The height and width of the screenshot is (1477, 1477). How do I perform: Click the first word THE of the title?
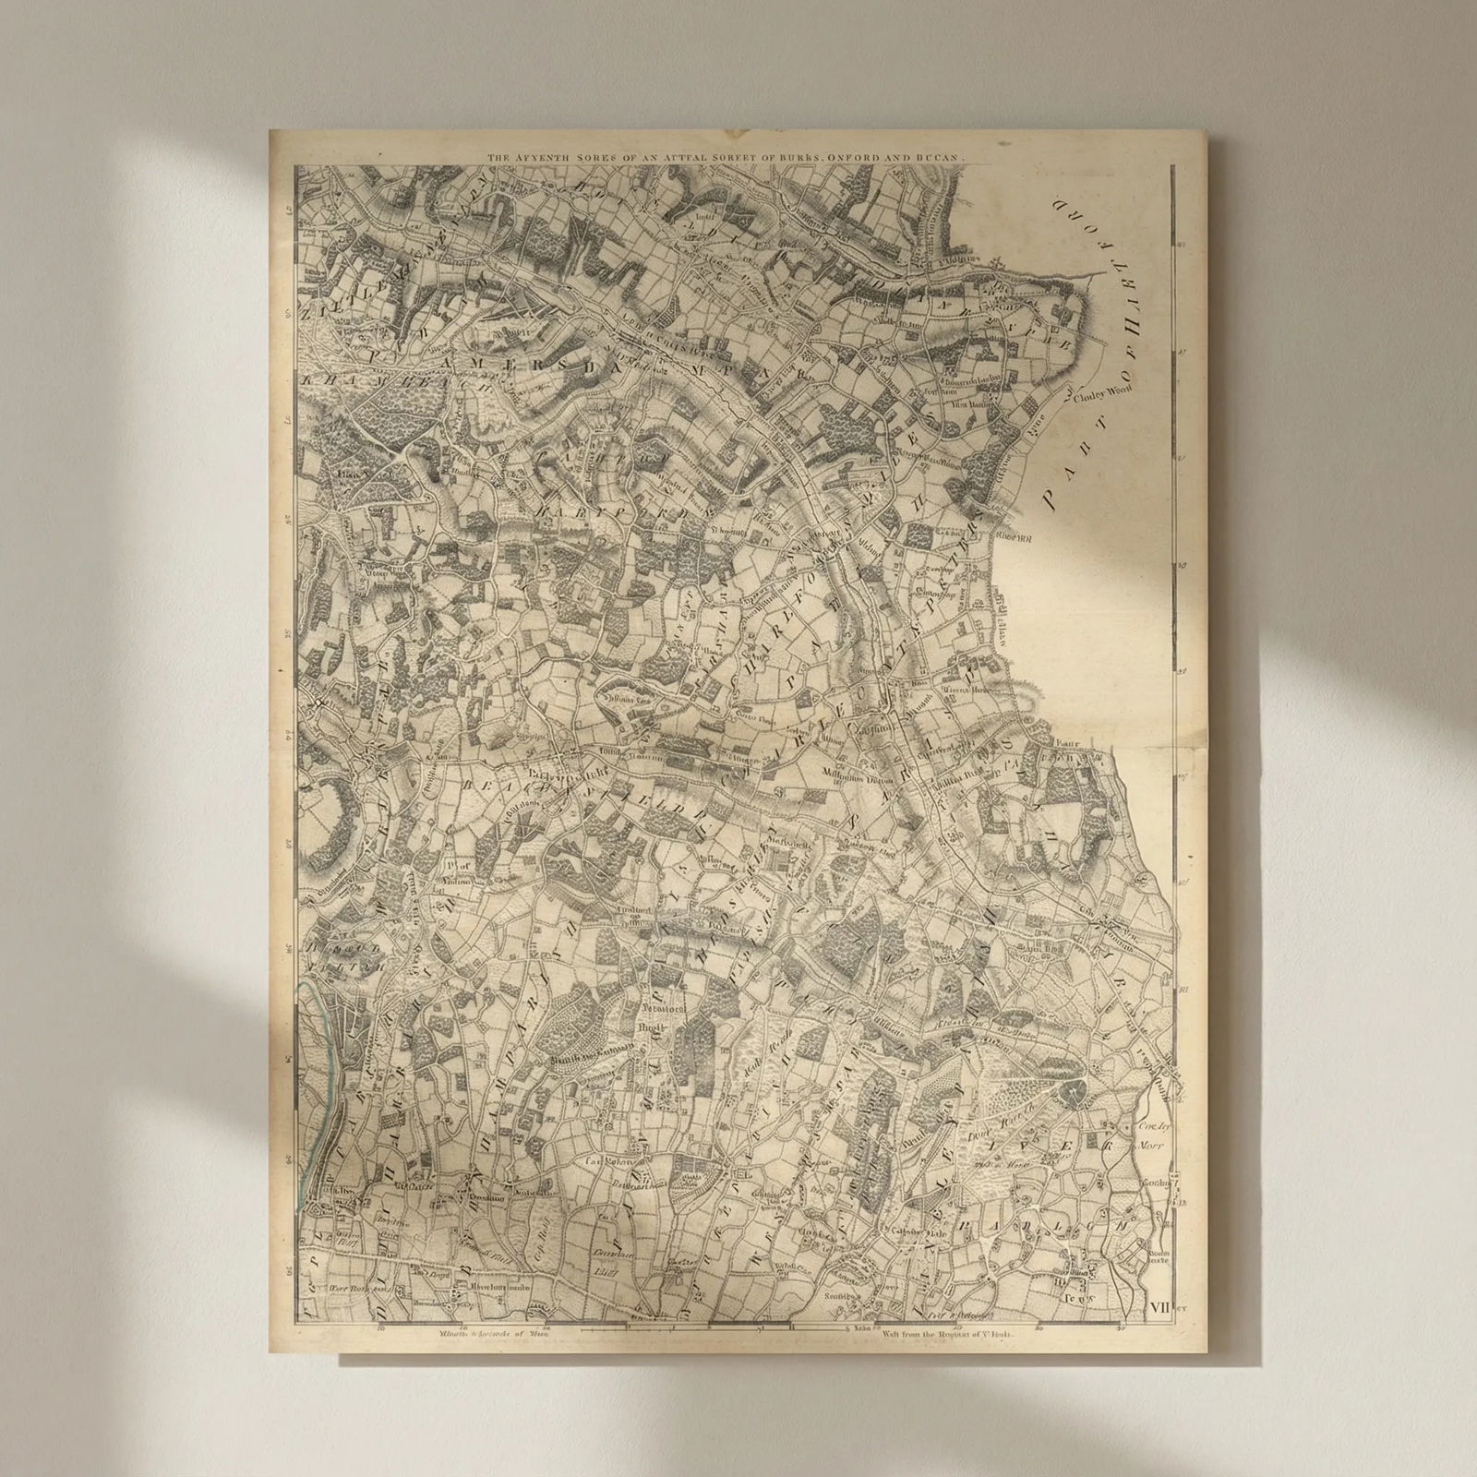coord(499,158)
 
